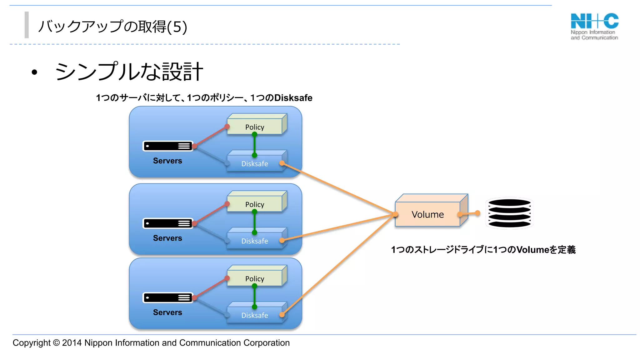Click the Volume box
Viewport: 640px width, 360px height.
click(427, 214)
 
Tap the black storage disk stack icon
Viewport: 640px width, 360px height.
click(509, 213)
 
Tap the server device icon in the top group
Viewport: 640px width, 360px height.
click(168, 146)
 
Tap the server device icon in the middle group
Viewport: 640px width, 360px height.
click(168, 223)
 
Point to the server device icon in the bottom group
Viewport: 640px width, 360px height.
click(168, 298)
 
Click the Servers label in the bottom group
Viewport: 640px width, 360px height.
click(167, 312)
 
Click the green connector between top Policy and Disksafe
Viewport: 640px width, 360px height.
click(255, 145)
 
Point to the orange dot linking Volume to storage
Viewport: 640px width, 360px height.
click(477, 213)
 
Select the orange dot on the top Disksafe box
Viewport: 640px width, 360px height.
click(282, 163)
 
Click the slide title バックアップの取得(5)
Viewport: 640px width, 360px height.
click(112, 27)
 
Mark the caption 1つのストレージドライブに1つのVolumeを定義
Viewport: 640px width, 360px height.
click(483, 250)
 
